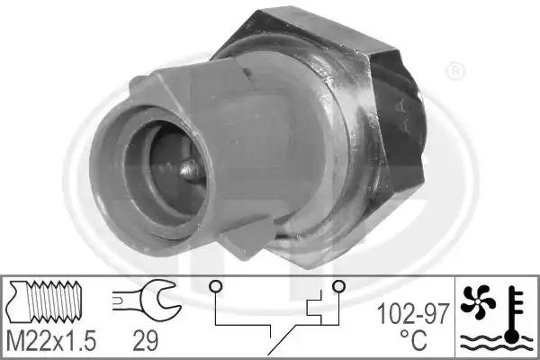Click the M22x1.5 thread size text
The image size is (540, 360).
[x=51, y=341]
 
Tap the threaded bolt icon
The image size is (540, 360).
[x=46, y=301]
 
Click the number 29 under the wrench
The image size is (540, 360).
[x=145, y=341]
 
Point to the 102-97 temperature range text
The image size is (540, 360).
[x=413, y=314]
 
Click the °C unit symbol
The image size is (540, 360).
[x=413, y=340]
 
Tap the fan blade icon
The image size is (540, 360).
[x=477, y=301]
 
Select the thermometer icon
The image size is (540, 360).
[x=513, y=314]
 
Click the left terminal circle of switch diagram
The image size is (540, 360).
[x=216, y=286]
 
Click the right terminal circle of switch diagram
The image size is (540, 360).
[x=338, y=285]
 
